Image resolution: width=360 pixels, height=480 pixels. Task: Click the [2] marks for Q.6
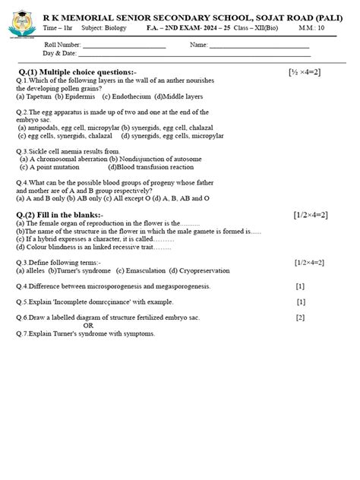click(301, 317)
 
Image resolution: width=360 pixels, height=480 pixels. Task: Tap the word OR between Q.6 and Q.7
click(88, 326)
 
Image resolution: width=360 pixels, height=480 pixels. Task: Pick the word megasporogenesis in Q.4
click(175, 286)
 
